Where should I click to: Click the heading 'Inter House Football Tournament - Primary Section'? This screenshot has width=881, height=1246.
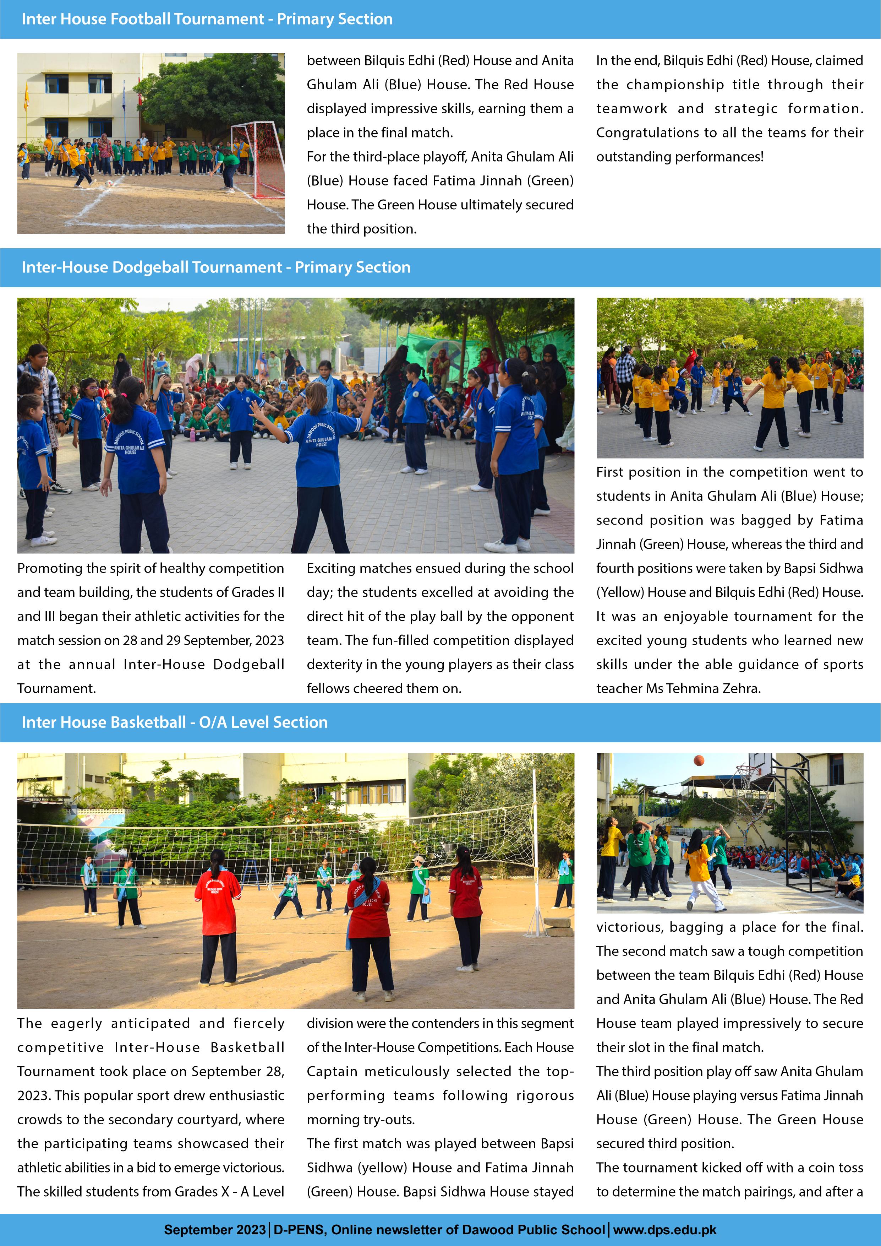tap(207, 19)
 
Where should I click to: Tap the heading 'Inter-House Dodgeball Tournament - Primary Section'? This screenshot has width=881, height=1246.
tap(216, 267)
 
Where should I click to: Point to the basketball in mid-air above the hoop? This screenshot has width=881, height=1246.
tap(699, 760)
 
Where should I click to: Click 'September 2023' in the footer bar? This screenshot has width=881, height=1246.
tap(215, 1229)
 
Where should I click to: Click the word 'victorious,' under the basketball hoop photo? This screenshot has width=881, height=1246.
tap(628, 927)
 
